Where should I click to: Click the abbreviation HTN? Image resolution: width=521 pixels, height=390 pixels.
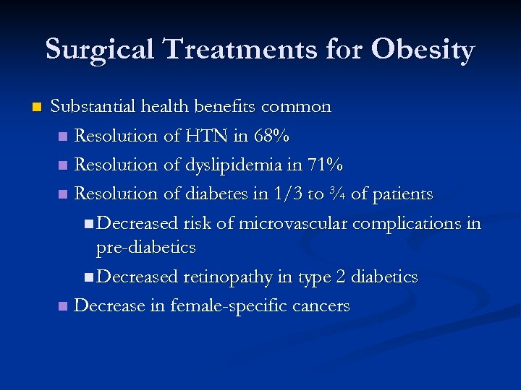pyautogui.click(x=226, y=136)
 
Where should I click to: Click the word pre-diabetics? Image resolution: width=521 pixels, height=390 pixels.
pyautogui.click(x=146, y=247)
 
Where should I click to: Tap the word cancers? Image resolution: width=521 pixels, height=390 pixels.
pyautogui.click(x=321, y=305)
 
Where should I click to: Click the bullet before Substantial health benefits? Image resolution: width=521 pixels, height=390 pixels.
pyautogui.click(x=37, y=108)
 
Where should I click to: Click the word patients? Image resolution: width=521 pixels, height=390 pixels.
pyautogui.click(x=402, y=194)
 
